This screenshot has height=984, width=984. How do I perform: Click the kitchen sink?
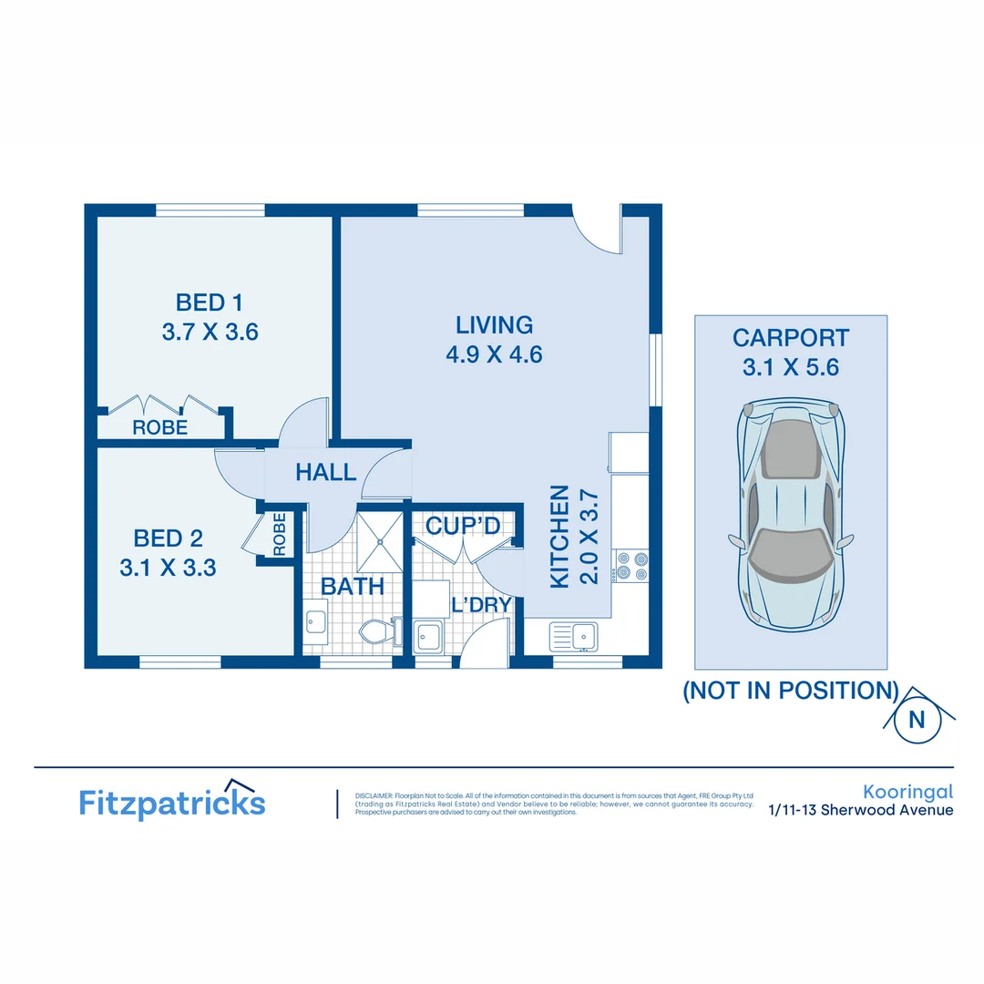point(573,634)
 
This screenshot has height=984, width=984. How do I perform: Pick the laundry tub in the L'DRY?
point(429,635)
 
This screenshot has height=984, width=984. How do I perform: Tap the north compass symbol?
point(917,719)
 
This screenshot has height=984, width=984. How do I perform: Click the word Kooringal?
point(907,792)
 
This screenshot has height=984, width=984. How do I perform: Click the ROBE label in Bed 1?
point(159,426)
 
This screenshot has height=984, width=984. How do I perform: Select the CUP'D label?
point(463,526)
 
